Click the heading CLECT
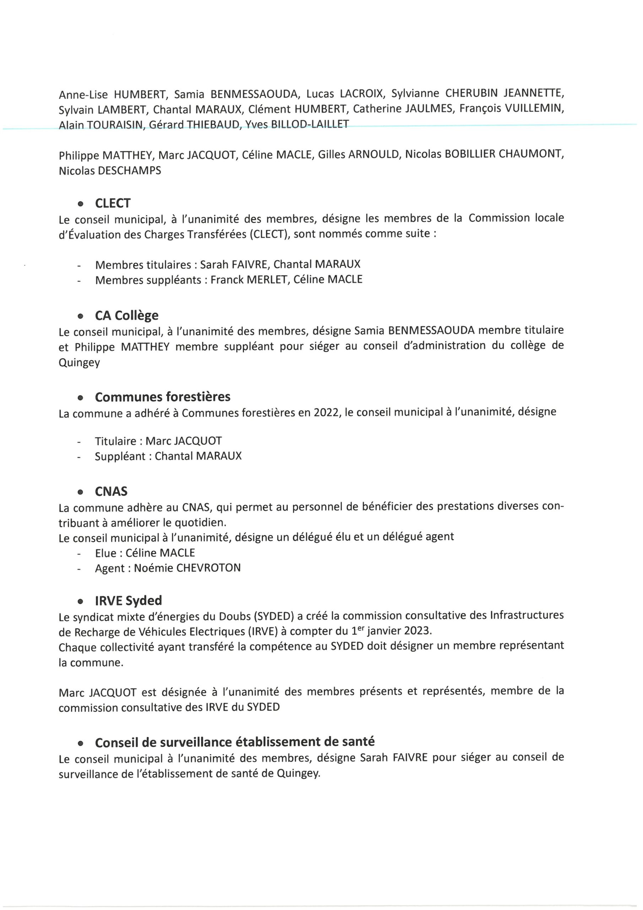(113, 203)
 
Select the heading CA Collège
(126, 316)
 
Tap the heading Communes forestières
(162, 397)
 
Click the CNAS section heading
(111, 492)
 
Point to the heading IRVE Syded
(128, 600)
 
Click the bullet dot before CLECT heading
(81, 204)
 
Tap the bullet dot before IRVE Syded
(81, 602)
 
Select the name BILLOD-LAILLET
(309, 124)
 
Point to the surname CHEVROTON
(208, 568)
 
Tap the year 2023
(416, 631)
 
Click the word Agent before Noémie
(110, 568)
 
